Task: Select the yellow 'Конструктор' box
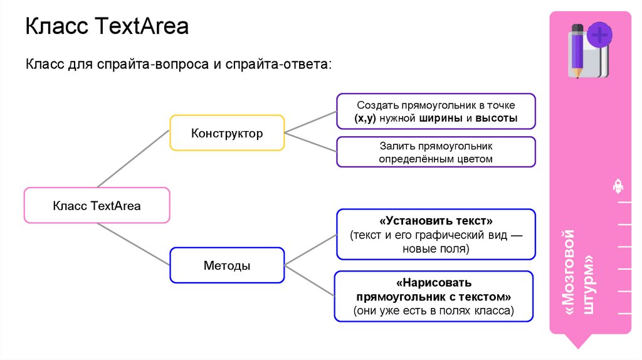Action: coord(227,133)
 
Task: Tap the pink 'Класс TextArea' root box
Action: coord(97,205)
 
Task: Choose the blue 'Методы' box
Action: coord(227,265)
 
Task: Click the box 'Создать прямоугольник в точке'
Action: coord(436,112)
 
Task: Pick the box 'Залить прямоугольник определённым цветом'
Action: coord(436,152)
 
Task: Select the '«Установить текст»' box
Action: coord(436,235)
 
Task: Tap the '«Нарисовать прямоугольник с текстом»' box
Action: coord(434,296)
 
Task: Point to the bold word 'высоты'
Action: coord(496,119)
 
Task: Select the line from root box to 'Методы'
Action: coord(133,245)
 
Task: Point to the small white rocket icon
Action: coord(617,186)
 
